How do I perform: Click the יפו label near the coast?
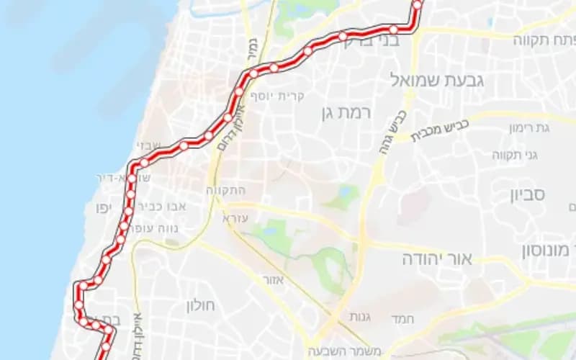tap(101, 209)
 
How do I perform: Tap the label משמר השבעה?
tap(334, 351)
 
